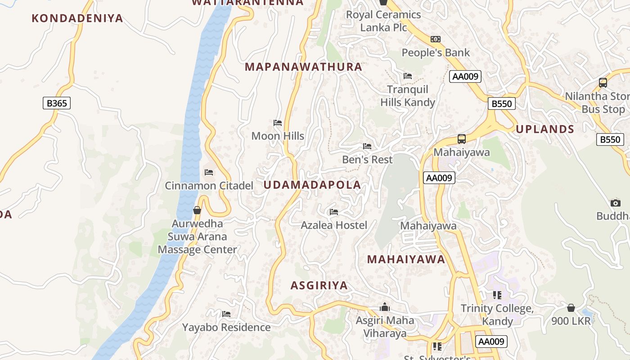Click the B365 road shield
coord(57,103)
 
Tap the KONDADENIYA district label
coord(77,18)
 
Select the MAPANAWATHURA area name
coord(303,67)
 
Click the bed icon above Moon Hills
coord(278,123)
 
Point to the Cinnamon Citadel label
coord(209,185)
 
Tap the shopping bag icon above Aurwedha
coord(197,210)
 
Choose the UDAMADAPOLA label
coord(312,185)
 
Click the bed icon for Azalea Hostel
coord(334,211)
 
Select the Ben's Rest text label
coord(367,159)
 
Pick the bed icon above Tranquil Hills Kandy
coord(408,76)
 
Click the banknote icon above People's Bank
coord(435,39)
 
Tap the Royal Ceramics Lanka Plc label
coord(383,21)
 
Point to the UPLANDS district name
coord(545,130)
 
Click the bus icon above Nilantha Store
coord(603,83)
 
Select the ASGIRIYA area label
coord(319,286)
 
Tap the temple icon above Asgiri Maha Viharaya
coord(385,307)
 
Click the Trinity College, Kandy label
coord(497,315)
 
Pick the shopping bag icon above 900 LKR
coord(571,308)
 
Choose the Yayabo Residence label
coord(226,327)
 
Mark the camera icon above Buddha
coord(616,203)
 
